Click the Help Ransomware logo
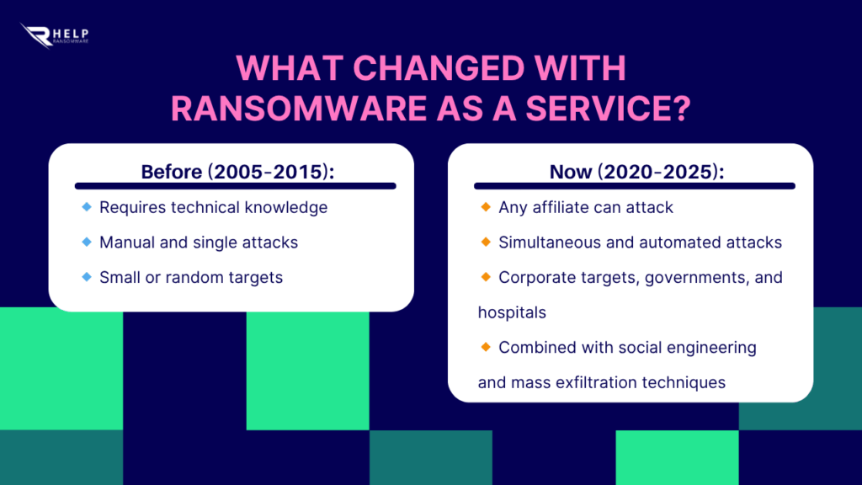click(54, 35)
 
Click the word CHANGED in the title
click(439, 68)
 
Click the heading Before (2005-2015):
click(237, 172)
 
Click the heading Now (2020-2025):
click(636, 172)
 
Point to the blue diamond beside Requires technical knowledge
click(87, 207)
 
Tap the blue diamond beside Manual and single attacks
click(87, 242)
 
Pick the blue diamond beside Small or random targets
click(87, 276)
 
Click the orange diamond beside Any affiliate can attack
click(486, 207)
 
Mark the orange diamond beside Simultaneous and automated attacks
click(486, 242)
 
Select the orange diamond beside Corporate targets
click(486, 276)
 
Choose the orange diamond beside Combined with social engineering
click(486, 347)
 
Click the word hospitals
click(512, 312)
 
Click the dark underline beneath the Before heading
click(236, 186)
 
